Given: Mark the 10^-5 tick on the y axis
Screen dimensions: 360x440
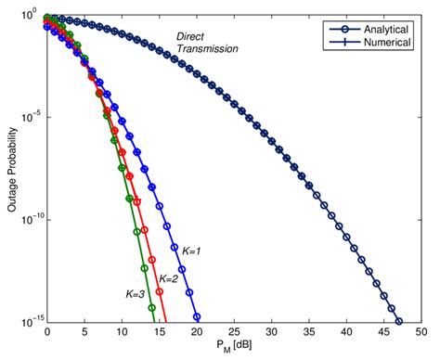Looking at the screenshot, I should [29, 118].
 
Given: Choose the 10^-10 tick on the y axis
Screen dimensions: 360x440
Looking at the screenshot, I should [27, 220].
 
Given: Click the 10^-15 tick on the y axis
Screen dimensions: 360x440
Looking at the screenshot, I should [27, 322].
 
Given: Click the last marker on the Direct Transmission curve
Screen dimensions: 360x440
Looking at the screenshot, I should [398, 322].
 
